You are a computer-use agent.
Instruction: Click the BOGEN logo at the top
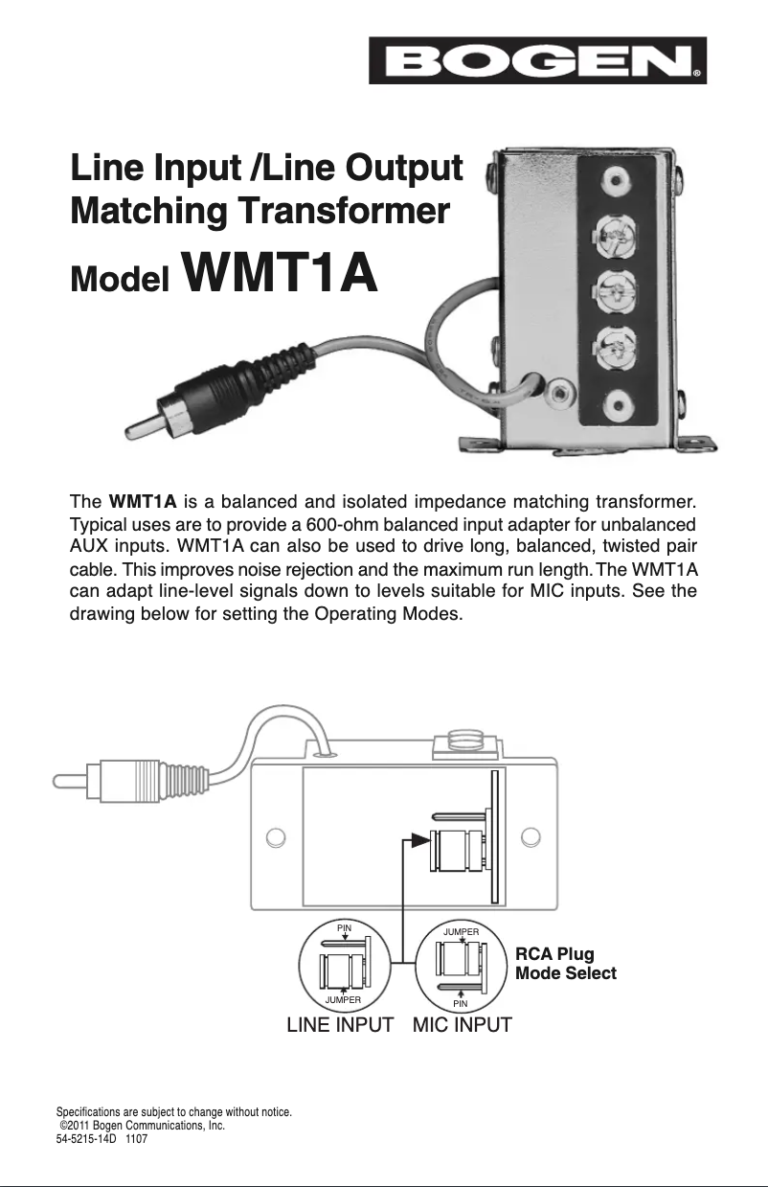point(537,60)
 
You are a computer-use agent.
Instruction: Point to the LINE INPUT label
point(340,1025)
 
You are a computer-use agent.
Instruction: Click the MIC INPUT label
point(462,1025)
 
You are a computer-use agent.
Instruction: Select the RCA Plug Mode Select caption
point(565,964)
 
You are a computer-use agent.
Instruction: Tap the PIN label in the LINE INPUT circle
point(344,927)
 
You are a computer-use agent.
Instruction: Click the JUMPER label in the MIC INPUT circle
point(462,929)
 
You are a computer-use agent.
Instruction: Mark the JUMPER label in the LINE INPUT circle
point(343,999)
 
